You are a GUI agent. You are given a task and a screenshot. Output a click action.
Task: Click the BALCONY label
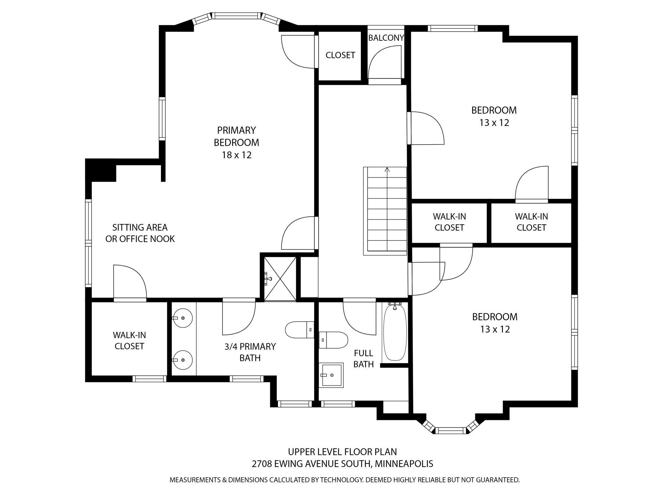pos(386,38)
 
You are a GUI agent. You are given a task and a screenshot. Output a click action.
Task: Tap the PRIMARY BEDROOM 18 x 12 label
pos(237,142)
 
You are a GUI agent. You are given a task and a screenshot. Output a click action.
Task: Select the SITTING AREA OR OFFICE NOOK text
pos(140,233)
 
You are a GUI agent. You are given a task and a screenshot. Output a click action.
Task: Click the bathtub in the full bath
pos(395,332)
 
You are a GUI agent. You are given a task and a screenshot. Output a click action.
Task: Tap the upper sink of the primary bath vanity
pos(182,318)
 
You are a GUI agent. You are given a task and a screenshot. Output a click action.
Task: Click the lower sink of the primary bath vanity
pos(182,360)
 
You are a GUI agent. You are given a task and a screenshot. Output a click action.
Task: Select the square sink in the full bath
pos(331,375)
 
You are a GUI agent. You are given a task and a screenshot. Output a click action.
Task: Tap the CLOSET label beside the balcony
pos(340,55)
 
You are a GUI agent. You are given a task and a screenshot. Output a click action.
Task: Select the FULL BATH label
pos(364,358)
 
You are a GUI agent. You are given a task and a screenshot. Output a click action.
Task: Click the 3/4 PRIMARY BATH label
pos(250,352)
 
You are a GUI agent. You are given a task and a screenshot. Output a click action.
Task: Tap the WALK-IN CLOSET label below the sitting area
pos(129,341)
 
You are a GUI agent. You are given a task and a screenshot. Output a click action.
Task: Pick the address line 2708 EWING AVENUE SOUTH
pos(342,464)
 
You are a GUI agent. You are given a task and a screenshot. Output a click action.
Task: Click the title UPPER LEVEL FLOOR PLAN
pos(342,452)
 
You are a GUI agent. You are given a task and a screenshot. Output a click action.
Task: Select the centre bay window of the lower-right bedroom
pos(451,430)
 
